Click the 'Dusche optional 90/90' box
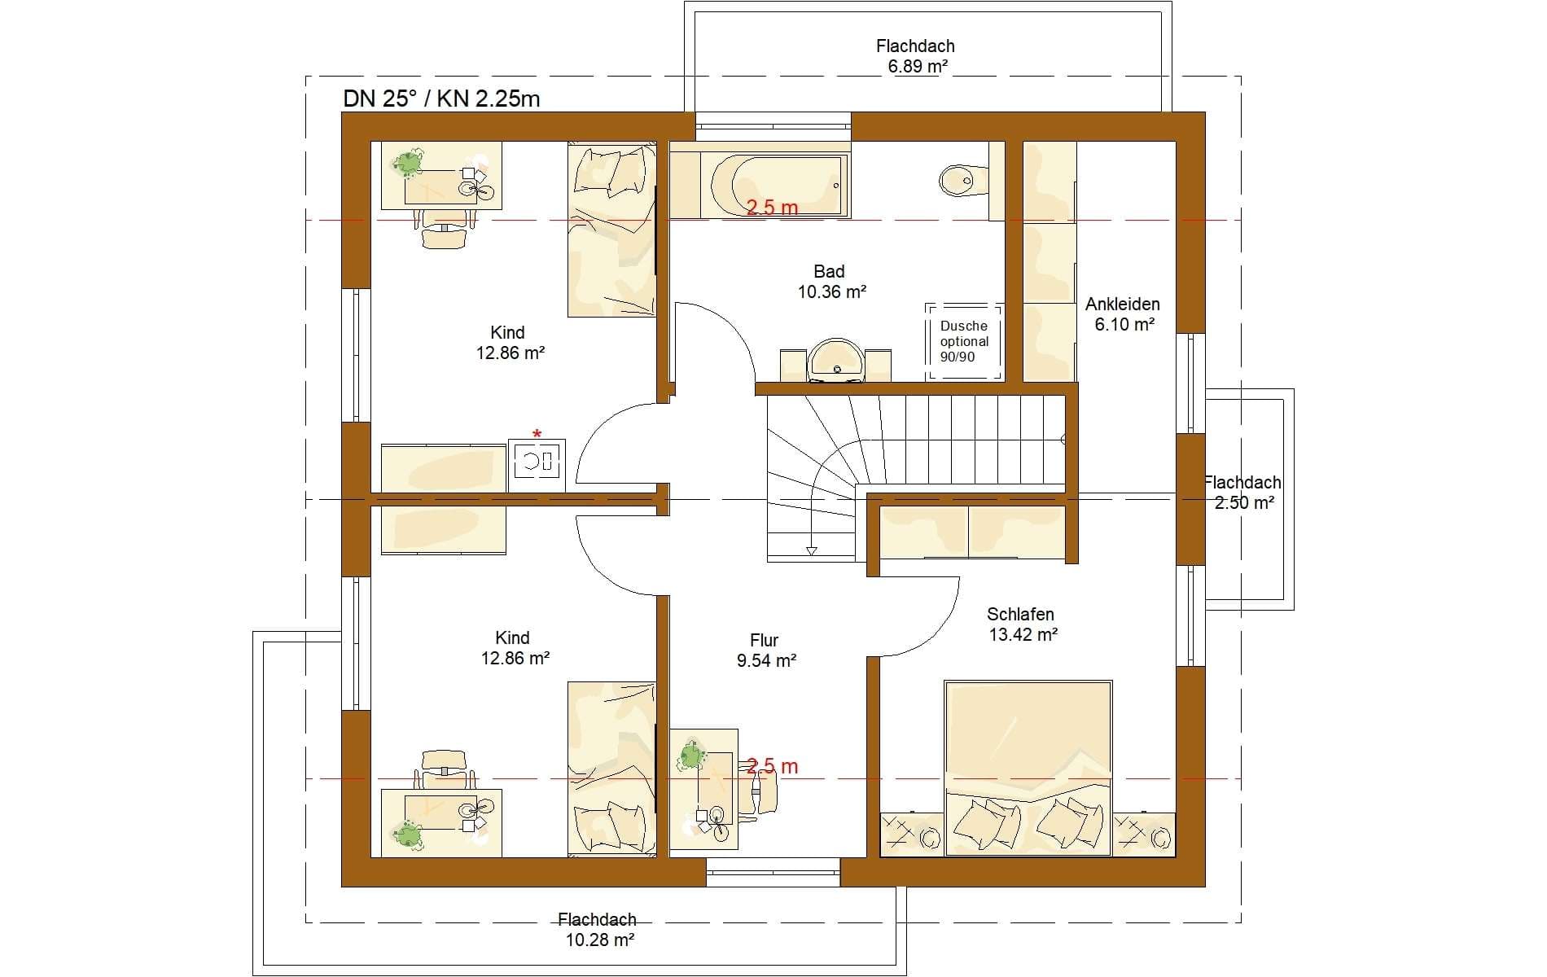point(965,341)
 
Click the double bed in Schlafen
point(1028,768)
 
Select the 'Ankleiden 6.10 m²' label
point(1123,314)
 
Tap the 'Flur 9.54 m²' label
point(766,651)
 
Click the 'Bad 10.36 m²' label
point(831,281)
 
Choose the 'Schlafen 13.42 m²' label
point(1023,624)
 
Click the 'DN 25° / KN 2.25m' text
point(441,99)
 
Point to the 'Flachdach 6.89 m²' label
point(916,56)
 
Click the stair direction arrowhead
point(811,551)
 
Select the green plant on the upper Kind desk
point(408,163)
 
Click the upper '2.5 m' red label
point(772,208)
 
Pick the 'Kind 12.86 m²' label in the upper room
point(510,343)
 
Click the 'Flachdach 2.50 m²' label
point(1243,493)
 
